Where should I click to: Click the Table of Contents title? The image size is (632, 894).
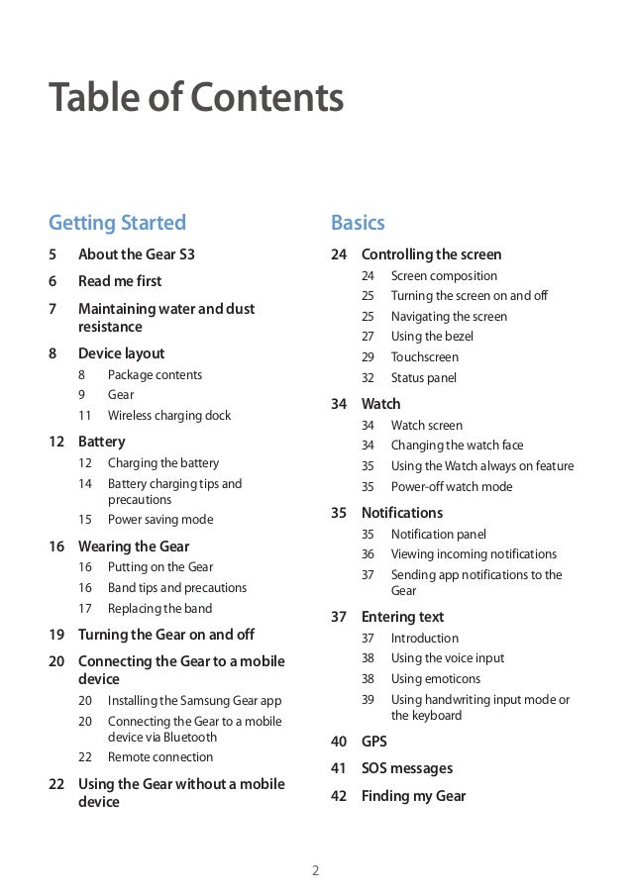(x=195, y=99)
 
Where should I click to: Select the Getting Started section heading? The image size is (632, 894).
(x=117, y=222)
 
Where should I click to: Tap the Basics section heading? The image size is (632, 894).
(x=358, y=222)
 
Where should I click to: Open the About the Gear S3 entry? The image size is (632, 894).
(x=136, y=254)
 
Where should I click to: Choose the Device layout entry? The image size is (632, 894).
(x=121, y=353)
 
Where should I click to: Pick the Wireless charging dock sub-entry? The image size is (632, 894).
(x=168, y=416)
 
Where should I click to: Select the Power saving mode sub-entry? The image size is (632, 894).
(x=159, y=520)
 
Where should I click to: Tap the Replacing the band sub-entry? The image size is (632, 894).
(x=159, y=609)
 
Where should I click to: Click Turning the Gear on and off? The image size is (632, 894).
(x=165, y=635)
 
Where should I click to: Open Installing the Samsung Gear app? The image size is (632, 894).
(x=194, y=700)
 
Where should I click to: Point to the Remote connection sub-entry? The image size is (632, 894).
(x=159, y=757)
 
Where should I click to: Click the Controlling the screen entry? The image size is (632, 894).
(x=431, y=254)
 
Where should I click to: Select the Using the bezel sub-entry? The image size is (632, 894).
(x=432, y=337)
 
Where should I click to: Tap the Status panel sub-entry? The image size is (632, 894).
(x=423, y=378)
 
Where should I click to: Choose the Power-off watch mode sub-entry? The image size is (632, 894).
(x=452, y=487)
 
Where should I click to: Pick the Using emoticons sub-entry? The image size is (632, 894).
(x=435, y=679)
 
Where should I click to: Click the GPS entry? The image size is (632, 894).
(x=373, y=742)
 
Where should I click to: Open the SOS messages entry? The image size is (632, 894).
(x=406, y=768)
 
